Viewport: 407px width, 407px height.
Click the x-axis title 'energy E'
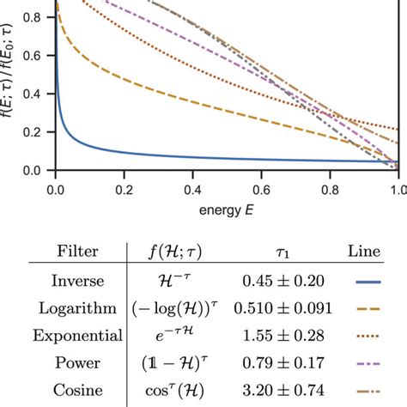(227, 209)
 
